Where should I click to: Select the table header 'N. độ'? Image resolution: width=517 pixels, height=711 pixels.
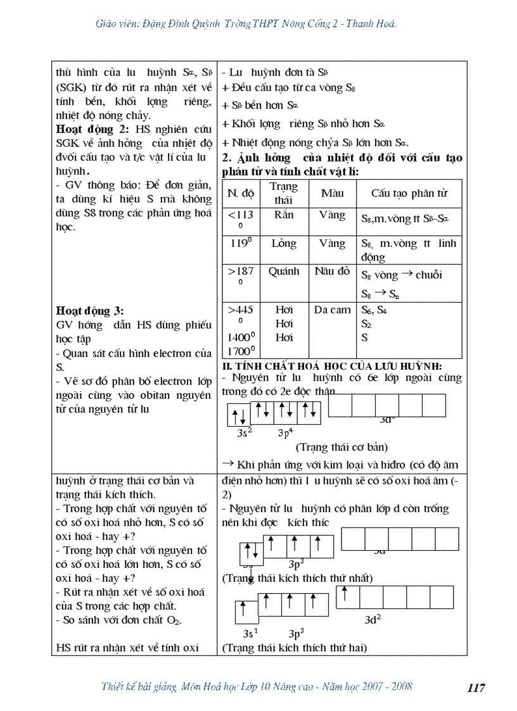pos(241,193)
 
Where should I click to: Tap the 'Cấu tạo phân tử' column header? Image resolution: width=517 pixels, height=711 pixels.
pos(409,193)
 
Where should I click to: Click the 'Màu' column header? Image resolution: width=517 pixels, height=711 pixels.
pos(333,192)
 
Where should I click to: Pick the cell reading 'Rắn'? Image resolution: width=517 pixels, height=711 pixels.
pos(284,215)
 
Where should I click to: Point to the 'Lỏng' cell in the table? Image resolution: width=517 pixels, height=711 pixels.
pos(284,243)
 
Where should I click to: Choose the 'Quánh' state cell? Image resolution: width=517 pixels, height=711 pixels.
pos(284,271)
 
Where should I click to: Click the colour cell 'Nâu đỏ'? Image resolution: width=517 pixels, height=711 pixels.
pos(332,271)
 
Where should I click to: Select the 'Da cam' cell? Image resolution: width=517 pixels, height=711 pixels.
pos(332,310)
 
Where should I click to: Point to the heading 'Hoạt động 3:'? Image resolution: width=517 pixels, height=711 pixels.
pos(90,311)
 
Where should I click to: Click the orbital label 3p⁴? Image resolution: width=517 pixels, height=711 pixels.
pos(286,433)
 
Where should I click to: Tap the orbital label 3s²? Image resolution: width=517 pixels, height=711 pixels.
pos(245,433)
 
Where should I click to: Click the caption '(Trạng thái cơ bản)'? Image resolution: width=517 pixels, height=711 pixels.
pos(341,447)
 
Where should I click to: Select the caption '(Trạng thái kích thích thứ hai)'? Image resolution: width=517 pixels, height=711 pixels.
pos(294,648)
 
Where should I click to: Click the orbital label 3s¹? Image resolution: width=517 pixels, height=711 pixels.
pos(251,633)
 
